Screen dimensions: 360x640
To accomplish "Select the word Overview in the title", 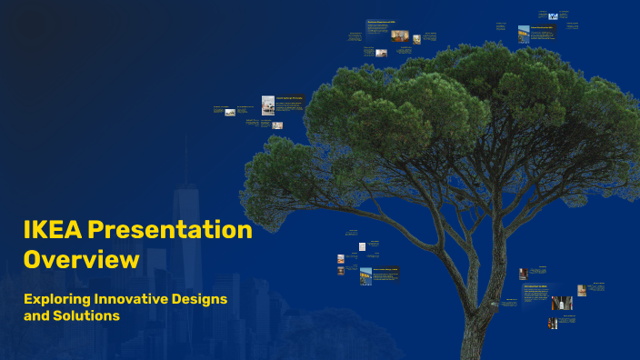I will click(82, 259).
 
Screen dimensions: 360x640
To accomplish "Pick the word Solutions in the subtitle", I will click(86, 316).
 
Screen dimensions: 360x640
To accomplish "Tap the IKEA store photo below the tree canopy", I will click(365, 275).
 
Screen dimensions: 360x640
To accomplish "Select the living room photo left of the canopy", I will click(267, 105).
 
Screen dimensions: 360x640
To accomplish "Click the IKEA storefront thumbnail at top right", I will click(524, 35).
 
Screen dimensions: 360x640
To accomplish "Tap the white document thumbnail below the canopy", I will click(362, 246).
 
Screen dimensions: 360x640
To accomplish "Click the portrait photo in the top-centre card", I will click(399, 35).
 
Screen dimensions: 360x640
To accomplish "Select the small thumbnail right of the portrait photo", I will click(416, 39).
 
